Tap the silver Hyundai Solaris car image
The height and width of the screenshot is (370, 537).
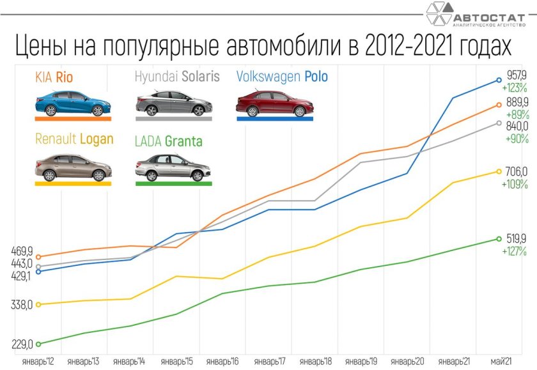pyautogui.click(x=172, y=104)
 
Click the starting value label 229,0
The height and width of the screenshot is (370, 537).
pyautogui.click(x=22, y=344)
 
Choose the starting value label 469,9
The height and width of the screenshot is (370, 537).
pyautogui.click(x=22, y=251)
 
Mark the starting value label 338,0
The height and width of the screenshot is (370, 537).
pyautogui.click(x=22, y=305)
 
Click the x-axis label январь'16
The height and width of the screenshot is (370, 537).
pyautogui.click(x=222, y=362)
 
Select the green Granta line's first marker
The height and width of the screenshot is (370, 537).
pyautogui.click(x=38, y=344)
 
